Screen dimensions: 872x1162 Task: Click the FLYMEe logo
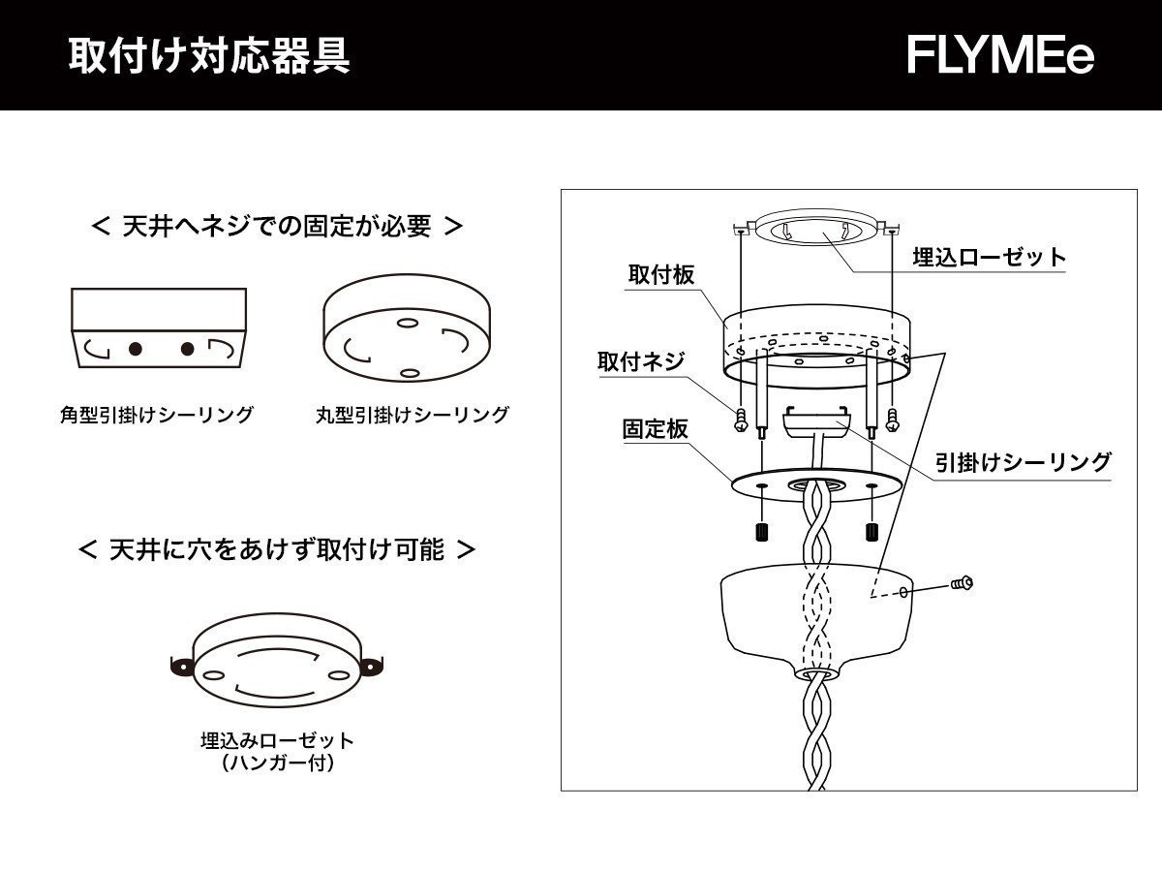[1000, 56]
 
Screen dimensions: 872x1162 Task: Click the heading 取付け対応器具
[209, 56]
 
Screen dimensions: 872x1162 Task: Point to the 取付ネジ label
[641, 362]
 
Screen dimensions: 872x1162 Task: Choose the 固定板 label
[655, 428]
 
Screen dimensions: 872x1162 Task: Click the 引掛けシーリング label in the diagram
[1023, 462]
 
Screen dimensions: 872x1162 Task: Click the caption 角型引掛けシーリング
[156, 416]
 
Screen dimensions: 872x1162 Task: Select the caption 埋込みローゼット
[277, 741]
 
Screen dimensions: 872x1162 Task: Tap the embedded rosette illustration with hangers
[277, 663]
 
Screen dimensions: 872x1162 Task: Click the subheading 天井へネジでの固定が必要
[277, 227]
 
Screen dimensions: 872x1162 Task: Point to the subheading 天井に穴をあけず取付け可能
[277, 550]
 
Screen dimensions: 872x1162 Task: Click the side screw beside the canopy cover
[962, 583]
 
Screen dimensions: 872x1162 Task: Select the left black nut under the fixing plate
[761, 532]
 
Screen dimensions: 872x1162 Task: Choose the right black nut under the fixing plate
[871, 532]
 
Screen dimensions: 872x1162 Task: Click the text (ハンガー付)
[277, 763]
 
